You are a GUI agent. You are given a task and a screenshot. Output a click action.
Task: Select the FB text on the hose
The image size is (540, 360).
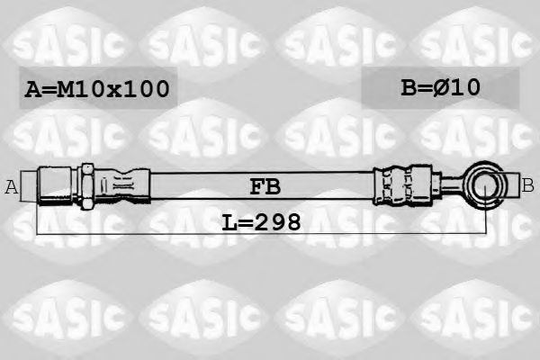[x=265, y=187]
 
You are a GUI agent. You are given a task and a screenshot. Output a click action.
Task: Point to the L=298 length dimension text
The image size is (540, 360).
[x=261, y=220]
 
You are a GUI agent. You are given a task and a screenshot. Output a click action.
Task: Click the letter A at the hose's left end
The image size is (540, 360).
[x=12, y=187]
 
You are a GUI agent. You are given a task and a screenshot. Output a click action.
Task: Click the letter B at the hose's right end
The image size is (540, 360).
[x=527, y=185]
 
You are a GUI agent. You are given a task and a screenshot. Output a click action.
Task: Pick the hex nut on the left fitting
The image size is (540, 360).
[x=87, y=184]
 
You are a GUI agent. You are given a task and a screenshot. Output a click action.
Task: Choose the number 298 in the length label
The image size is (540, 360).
[x=275, y=220]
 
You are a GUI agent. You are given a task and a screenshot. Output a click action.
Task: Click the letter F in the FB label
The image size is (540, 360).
[x=256, y=187]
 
